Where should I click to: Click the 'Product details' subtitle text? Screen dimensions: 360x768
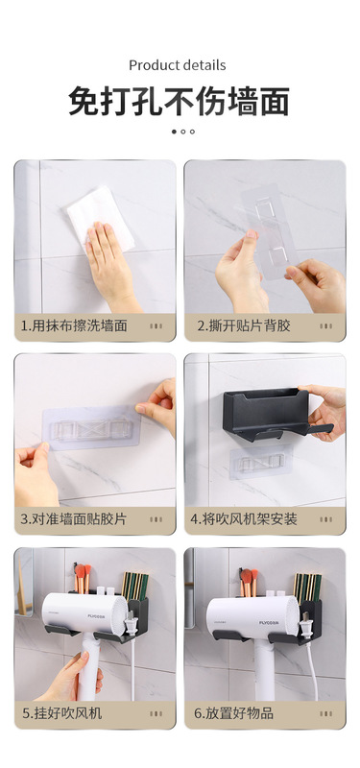178,65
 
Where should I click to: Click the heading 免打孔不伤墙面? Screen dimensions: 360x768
180,101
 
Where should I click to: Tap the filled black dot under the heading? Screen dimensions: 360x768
174,132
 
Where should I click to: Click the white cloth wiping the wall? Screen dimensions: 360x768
101,218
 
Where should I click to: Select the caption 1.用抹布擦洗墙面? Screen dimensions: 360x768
74,325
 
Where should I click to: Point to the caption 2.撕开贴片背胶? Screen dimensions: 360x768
244,325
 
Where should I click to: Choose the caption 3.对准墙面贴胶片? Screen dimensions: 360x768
74,519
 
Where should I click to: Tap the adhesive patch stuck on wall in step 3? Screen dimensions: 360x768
91,427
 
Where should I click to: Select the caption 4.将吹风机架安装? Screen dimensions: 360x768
244,519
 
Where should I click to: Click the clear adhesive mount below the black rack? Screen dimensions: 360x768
261,461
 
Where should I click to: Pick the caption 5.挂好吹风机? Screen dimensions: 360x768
61,713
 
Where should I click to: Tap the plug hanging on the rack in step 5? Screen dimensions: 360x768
131,624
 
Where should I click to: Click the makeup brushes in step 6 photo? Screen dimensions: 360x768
249,581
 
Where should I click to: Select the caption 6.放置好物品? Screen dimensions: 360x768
233,713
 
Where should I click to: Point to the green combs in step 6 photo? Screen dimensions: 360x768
307,587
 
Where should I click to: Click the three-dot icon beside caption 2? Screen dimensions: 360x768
326,326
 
